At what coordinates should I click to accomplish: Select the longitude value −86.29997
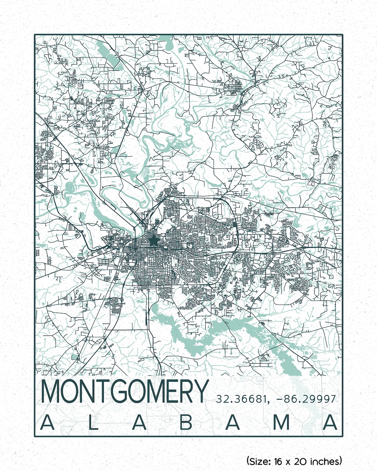pos(306,399)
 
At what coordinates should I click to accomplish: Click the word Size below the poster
pos(259,461)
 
